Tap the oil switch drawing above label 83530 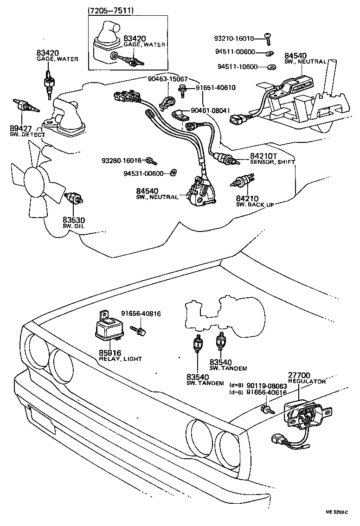[x=74, y=199]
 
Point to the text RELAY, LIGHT [x=120, y=359]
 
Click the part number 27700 [x=300, y=375]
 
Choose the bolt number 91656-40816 [x=141, y=314]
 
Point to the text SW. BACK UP [x=256, y=204]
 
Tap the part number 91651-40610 [x=215, y=87]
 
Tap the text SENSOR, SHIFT [x=273, y=162]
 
